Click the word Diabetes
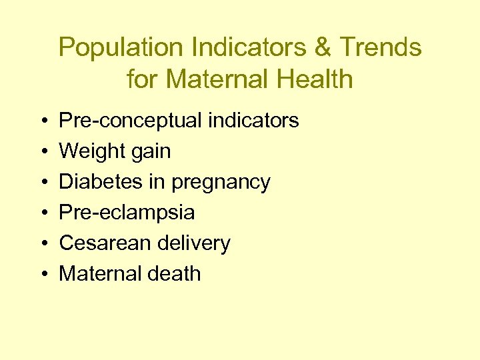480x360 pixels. coord(98,182)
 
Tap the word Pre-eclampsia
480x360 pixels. coord(127,213)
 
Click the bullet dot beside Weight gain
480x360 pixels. coord(43,152)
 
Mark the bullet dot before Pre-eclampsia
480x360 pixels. coord(43,213)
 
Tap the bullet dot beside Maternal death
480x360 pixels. coord(43,274)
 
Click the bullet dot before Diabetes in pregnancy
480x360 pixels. coord(43,183)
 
